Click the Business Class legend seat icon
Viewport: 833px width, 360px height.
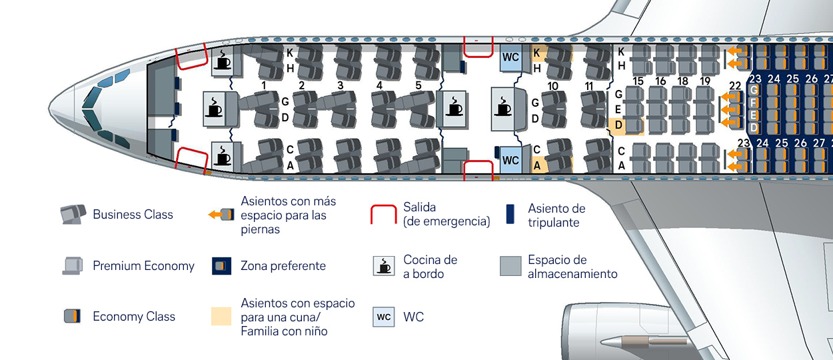point(73,214)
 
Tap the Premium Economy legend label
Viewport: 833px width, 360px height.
point(143,266)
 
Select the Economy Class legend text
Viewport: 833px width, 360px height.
point(133,317)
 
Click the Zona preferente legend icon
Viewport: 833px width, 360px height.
point(221,266)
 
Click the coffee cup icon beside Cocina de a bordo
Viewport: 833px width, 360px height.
point(384,265)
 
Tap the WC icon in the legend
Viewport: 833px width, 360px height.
point(384,317)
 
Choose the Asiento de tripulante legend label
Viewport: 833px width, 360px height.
point(556,215)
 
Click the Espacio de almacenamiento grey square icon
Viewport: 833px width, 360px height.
point(511,266)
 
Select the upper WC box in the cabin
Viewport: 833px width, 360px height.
point(510,57)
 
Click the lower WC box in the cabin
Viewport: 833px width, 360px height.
point(510,160)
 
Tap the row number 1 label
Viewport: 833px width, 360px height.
point(265,85)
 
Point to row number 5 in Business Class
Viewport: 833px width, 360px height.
point(418,85)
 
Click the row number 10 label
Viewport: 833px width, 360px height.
point(552,86)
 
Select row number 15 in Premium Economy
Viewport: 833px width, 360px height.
point(638,81)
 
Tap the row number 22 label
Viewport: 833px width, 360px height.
point(735,85)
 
